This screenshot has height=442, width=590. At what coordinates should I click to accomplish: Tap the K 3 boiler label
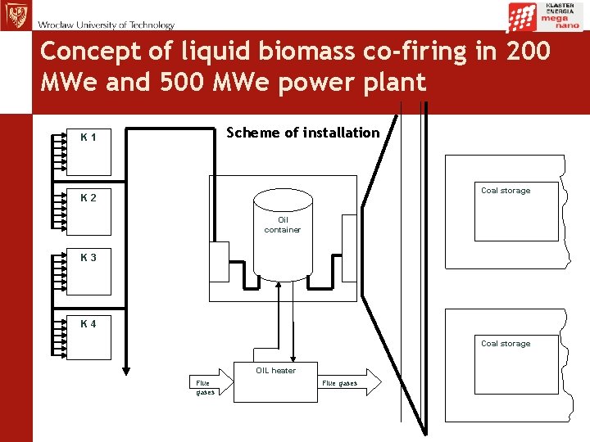pos(88,258)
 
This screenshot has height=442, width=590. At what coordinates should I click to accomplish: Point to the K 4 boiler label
pos(88,323)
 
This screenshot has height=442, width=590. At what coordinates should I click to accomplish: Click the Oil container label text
pos(283,224)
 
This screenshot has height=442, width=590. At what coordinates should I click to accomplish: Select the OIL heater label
pos(275,371)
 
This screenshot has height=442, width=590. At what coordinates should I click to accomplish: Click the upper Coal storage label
pos(506,191)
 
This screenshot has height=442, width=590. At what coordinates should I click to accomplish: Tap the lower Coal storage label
pos(506,344)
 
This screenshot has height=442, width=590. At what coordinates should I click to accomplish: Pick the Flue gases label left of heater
pos(203,387)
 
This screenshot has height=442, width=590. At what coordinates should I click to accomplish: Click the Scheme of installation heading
pos(302,133)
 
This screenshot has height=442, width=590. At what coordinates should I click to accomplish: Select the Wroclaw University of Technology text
pos(106,25)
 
